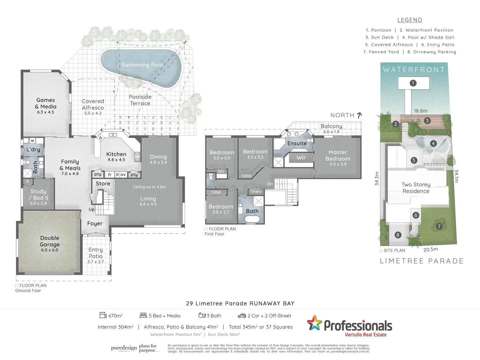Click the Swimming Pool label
coord(142,65)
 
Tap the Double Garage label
coord(50,241)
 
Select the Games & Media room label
coord(46,103)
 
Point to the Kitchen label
coord(116,154)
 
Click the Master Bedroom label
coord(338,156)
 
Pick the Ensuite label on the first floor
coord(297,143)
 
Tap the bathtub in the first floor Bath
coord(252,219)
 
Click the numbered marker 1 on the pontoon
coord(413,83)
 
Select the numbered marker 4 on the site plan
coord(433,143)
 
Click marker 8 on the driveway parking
coord(398,235)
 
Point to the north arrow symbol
coord(359,115)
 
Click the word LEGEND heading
coord(410,20)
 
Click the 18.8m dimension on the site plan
coord(421,111)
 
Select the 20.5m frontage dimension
coord(431,249)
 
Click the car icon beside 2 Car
coord(242,316)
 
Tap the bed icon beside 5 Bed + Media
coord(143,315)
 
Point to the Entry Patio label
coord(96,253)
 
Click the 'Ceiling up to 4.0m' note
coord(149,187)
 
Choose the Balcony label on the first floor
coord(331,126)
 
